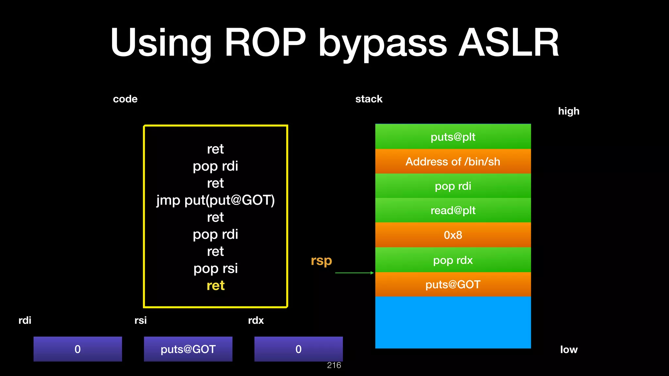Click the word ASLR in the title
pyautogui.click(x=509, y=43)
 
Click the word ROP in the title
pyautogui.click(x=265, y=43)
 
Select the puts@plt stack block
pyautogui.click(x=453, y=136)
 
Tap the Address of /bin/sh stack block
pyautogui.click(x=453, y=161)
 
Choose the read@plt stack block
pyautogui.click(x=453, y=210)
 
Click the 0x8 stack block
pyautogui.click(x=453, y=235)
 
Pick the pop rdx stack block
pyautogui.click(x=453, y=260)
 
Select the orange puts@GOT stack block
pyautogui.click(x=453, y=284)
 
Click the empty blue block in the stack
pyautogui.click(x=453, y=322)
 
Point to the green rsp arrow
pyautogui.click(x=354, y=273)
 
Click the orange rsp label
pyautogui.click(x=321, y=260)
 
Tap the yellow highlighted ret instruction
pyautogui.click(x=216, y=286)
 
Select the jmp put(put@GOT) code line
pyautogui.click(x=216, y=200)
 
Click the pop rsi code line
pyautogui.click(x=216, y=268)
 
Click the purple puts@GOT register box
pyautogui.click(x=188, y=349)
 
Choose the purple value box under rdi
pyautogui.click(x=78, y=349)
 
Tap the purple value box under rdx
pyautogui.click(x=299, y=349)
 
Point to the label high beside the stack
pyautogui.click(x=568, y=111)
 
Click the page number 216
pyautogui.click(x=334, y=365)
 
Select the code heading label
pyautogui.click(x=125, y=99)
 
